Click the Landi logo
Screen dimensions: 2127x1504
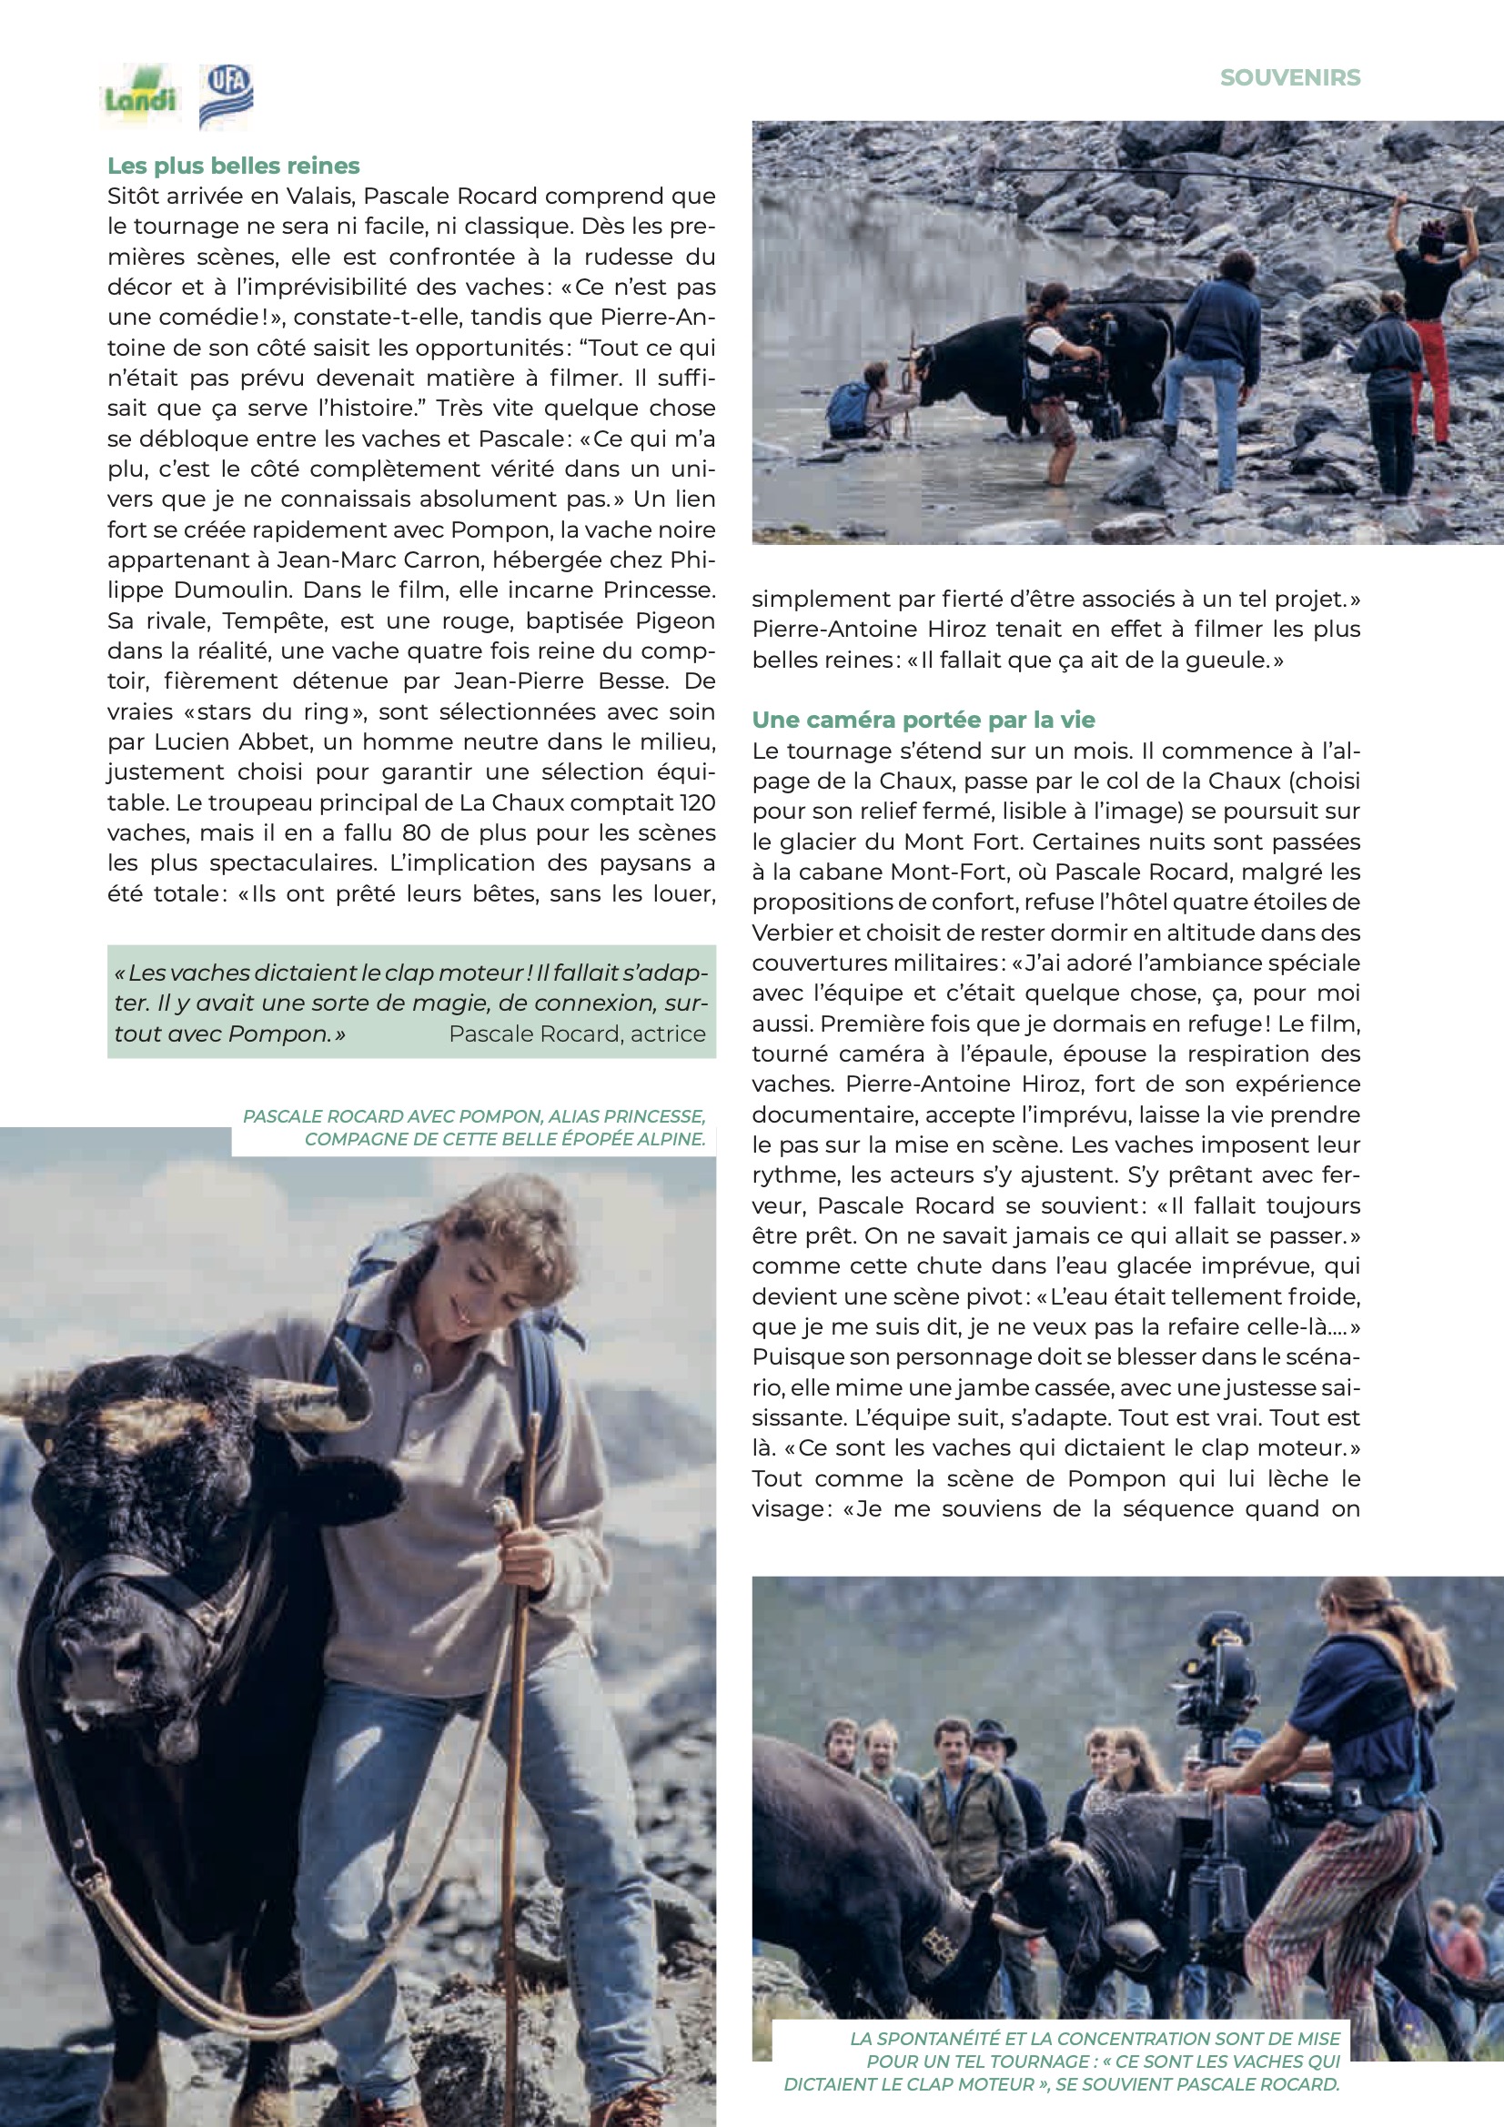coord(140,95)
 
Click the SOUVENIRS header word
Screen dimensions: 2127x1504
coord(1290,78)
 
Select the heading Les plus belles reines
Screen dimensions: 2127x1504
coord(234,166)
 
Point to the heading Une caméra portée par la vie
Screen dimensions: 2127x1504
coord(923,720)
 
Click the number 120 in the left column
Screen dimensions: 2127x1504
coord(697,802)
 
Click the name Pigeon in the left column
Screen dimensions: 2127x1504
coord(675,620)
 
